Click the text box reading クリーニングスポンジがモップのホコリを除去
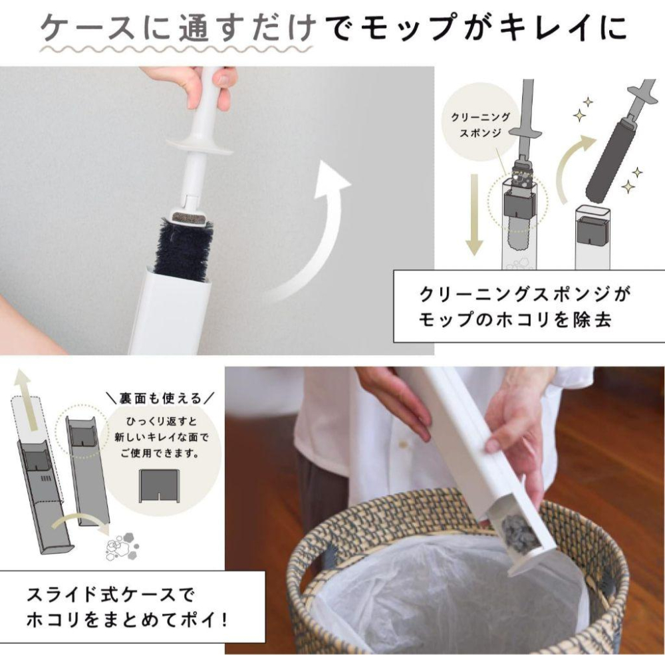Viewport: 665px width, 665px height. [529, 305]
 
